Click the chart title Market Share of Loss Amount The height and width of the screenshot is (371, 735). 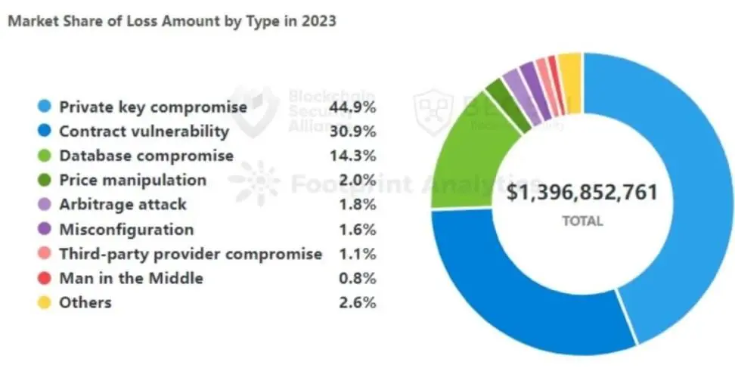171,21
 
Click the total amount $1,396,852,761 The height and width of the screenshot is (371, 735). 581,191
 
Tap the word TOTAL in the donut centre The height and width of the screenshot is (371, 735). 581,221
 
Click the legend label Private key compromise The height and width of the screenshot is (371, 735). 153,107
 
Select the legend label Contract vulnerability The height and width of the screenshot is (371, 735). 144,131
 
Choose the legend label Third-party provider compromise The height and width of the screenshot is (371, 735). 191,254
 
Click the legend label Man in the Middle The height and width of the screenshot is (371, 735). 131,278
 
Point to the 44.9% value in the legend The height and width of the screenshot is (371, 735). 352,107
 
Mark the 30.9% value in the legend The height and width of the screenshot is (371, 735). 352,131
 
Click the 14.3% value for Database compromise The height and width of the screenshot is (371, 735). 352,156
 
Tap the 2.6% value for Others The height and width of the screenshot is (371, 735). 358,302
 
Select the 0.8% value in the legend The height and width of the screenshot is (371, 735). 358,278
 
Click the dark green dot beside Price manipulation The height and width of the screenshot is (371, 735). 45,181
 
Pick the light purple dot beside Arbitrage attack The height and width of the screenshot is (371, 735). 45,205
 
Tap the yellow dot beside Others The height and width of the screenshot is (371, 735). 45,303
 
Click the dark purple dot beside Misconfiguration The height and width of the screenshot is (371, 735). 45,230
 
